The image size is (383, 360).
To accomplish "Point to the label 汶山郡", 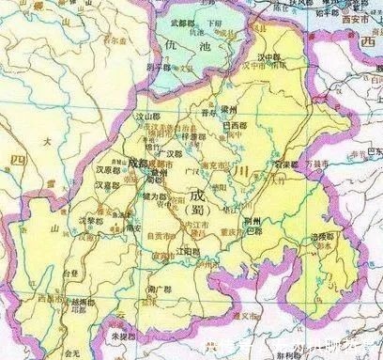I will (x=150, y=117).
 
